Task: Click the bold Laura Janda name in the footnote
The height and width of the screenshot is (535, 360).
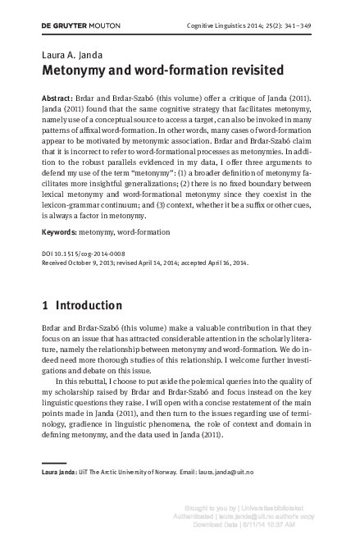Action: [x=61, y=472]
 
